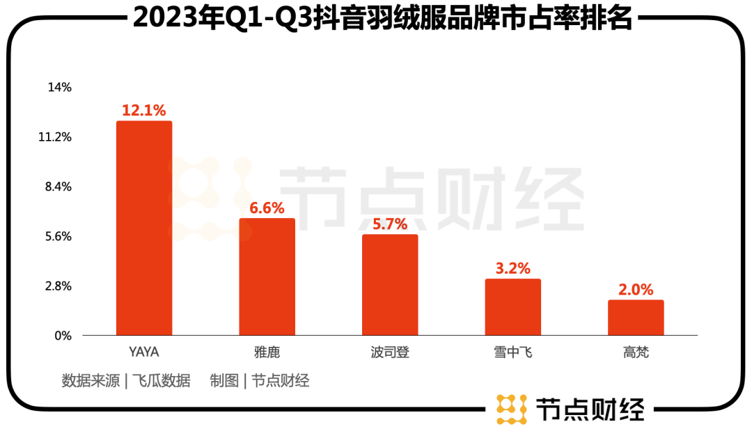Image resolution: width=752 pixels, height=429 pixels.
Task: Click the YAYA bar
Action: click(144, 228)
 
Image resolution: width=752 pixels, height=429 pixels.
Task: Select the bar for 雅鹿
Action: click(267, 277)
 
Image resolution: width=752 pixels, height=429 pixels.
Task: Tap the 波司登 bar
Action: click(390, 285)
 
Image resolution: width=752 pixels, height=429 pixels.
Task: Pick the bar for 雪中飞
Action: click(512, 307)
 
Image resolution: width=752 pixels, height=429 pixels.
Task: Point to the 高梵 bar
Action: click(636, 318)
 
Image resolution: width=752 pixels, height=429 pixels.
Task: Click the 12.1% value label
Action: click(144, 110)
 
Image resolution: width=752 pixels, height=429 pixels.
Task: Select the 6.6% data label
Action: click(267, 208)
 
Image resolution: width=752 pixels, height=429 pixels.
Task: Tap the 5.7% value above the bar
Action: click(390, 224)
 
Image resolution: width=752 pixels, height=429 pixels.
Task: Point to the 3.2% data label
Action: click(512, 268)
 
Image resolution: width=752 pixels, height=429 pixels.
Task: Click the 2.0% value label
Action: click(636, 289)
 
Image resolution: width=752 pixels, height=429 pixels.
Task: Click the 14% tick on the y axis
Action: click(59, 88)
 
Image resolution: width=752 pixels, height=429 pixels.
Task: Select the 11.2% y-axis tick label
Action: click(55, 137)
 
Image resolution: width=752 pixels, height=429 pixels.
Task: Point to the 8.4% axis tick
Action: click(58, 187)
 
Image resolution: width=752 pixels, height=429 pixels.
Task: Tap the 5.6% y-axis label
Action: click(58, 237)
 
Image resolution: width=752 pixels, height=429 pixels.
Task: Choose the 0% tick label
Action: click(63, 336)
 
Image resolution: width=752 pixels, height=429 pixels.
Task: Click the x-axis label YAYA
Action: click(144, 352)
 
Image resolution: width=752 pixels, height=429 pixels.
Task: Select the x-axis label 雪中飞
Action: click(512, 352)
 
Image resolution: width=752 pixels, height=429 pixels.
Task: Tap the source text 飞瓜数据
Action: click(162, 381)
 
